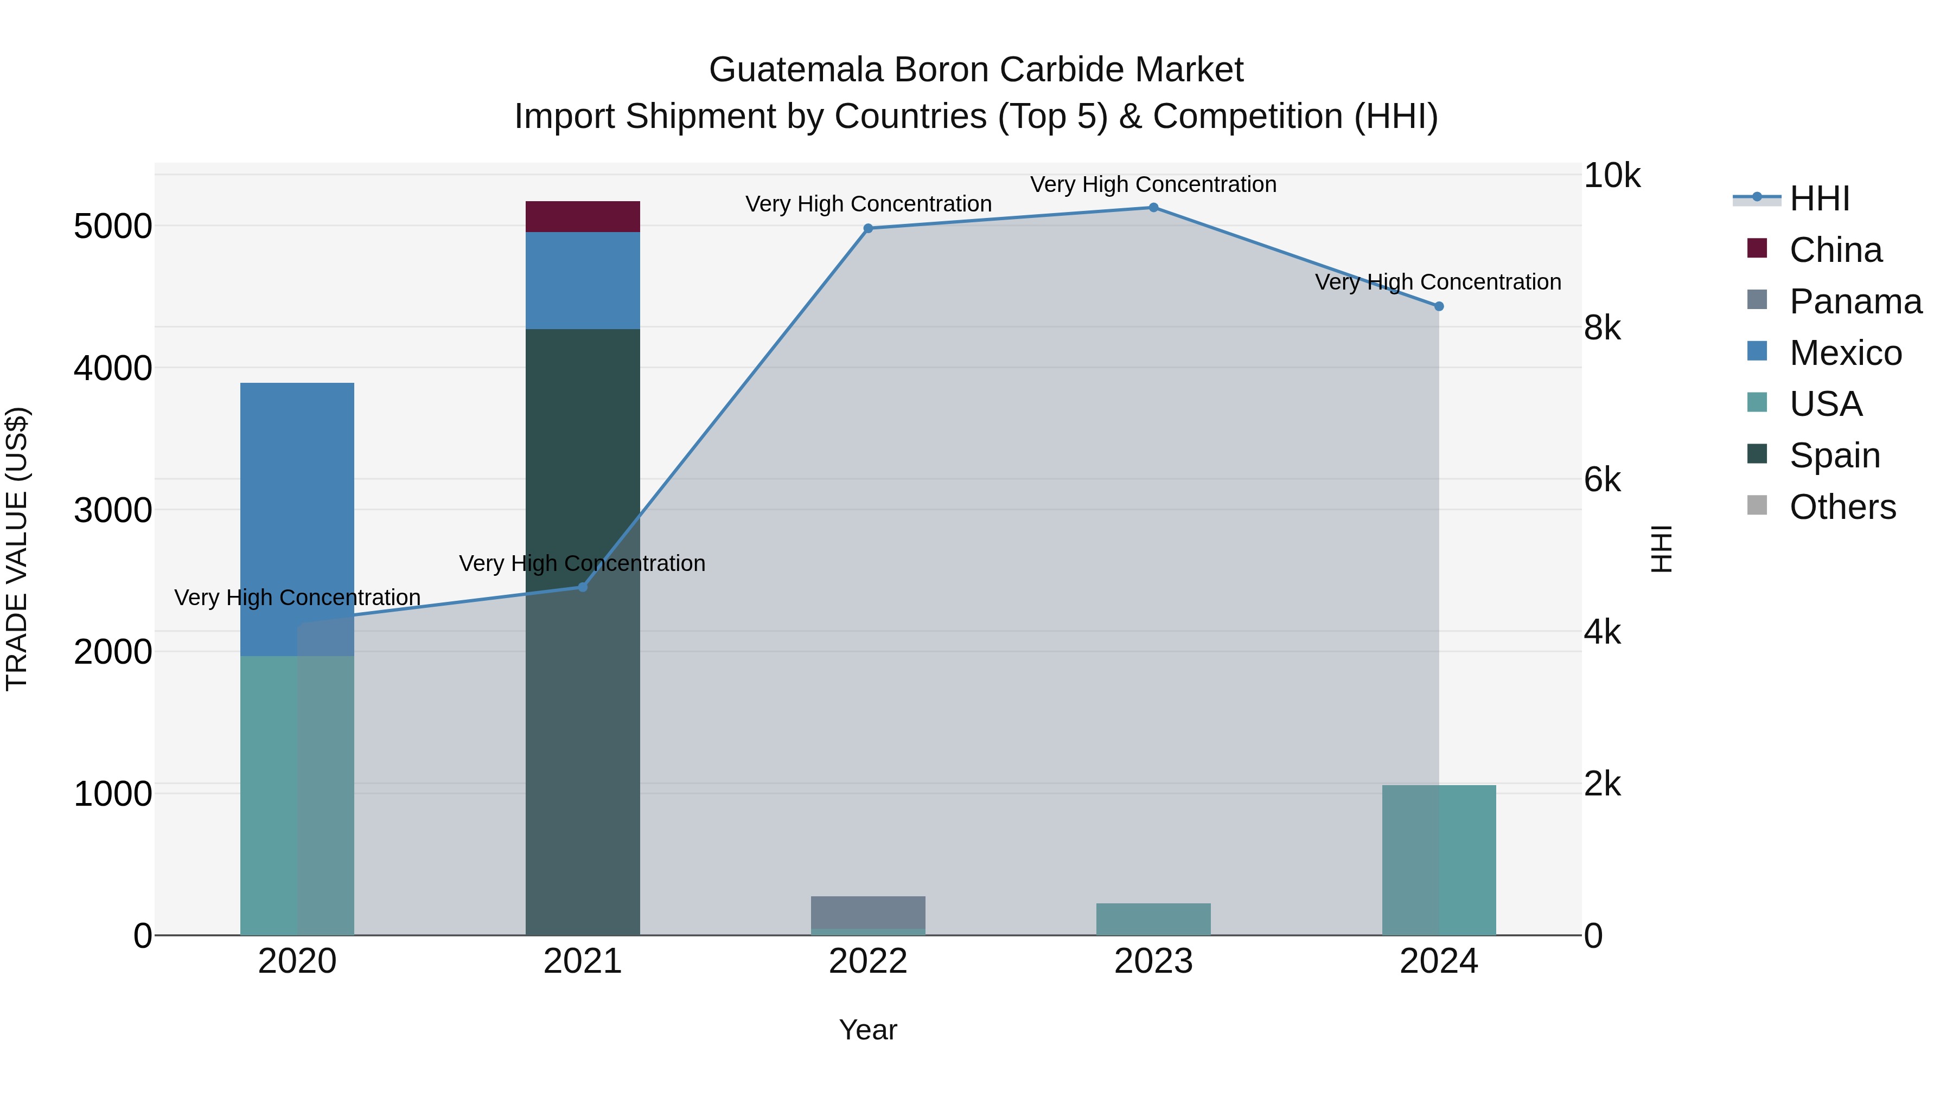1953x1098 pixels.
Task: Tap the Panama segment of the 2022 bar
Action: [x=868, y=911]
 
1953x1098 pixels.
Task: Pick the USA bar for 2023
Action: [x=1153, y=919]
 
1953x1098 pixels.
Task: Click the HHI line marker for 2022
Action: [x=868, y=228]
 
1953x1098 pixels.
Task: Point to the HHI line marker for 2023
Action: [x=1153, y=208]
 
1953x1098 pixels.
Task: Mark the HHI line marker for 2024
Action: [x=1439, y=306]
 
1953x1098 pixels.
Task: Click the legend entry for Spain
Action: [x=1834, y=455]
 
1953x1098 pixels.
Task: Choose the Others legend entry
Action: [x=1842, y=507]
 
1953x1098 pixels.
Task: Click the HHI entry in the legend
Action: [x=1819, y=198]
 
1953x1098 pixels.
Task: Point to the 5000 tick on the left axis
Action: [x=113, y=226]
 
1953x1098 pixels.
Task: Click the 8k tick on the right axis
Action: [x=1602, y=328]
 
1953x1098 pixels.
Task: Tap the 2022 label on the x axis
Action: [x=868, y=961]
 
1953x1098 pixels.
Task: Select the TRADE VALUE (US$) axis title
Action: [x=17, y=549]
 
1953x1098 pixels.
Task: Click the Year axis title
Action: [x=868, y=1030]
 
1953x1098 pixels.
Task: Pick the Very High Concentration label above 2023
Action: [x=1153, y=184]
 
